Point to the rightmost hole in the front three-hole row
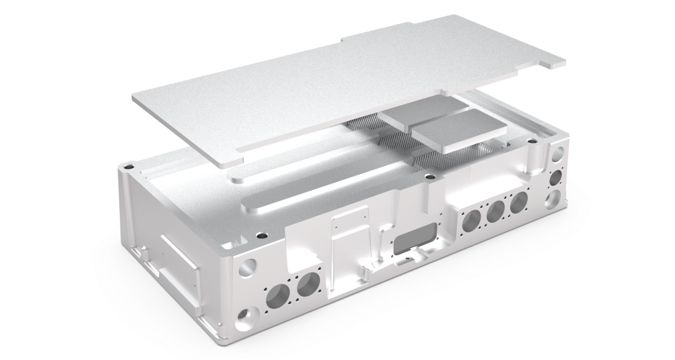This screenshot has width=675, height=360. (519, 201)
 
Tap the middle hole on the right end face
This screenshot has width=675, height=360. (556, 178)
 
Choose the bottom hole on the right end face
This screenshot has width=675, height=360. (553, 199)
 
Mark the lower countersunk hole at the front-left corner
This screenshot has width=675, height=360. (246, 319)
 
